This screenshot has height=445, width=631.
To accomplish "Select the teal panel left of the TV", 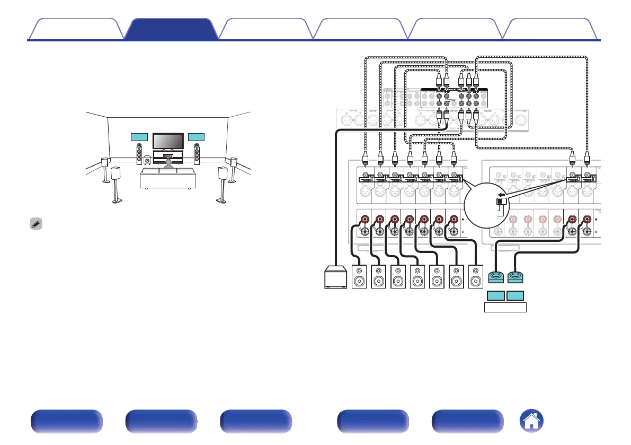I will (x=139, y=138).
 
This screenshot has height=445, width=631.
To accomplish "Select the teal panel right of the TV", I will (x=197, y=138).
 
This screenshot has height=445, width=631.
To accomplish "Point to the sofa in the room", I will (x=167, y=179).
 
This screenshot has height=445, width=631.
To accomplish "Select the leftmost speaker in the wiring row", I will (x=360, y=277).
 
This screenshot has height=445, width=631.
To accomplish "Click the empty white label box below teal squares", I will (x=505, y=308).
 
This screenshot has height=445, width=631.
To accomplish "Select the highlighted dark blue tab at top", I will (x=171, y=30).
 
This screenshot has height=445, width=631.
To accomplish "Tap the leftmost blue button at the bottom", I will (x=66, y=422).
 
